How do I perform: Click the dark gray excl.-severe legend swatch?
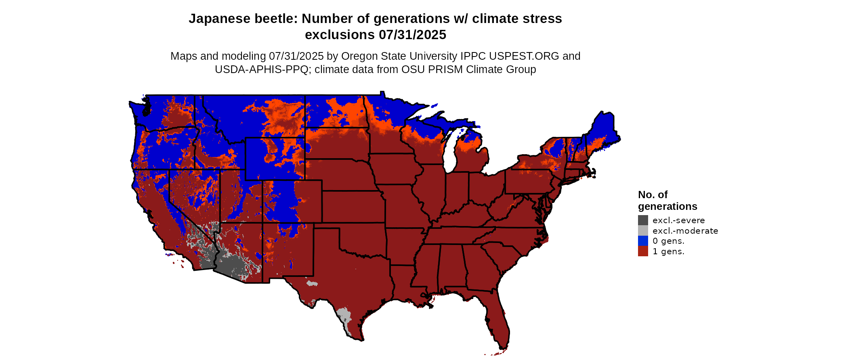point(643,220)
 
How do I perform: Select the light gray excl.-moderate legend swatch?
point(643,230)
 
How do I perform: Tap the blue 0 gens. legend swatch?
point(643,241)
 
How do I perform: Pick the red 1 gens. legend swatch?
point(643,251)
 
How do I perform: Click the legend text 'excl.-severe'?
point(678,220)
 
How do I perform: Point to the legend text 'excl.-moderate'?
point(685,231)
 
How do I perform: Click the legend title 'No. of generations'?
point(667,201)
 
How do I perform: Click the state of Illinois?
point(430,190)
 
